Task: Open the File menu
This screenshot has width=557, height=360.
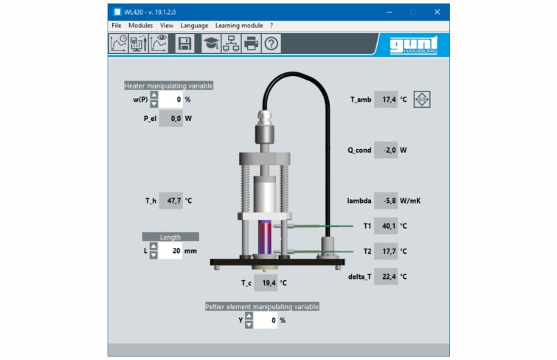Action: coord(116,26)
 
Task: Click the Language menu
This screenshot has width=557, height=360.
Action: coord(194,26)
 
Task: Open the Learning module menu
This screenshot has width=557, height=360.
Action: coord(239,26)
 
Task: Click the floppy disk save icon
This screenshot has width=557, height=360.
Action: coord(184,44)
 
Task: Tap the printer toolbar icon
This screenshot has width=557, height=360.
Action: coord(251,44)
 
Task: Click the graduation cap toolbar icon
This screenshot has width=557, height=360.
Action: coord(211,44)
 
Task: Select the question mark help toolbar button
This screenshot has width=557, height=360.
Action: coord(271,44)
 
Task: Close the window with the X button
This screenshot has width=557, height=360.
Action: coord(437,12)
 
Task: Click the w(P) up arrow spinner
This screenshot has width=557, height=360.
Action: coord(153,95)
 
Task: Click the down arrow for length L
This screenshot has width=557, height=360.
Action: coord(153,255)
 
